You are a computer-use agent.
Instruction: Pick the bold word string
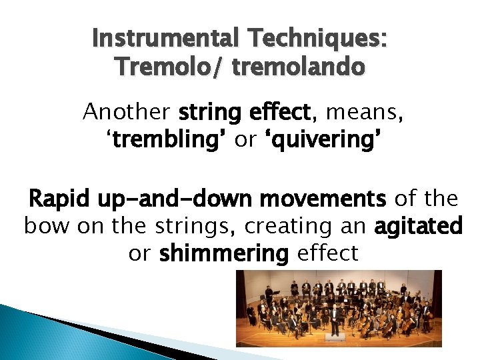tap(209, 112)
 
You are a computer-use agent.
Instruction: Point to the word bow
tap(47, 226)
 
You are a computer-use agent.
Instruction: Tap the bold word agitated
tap(419, 226)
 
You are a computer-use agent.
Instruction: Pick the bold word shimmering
tap(224, 253)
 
